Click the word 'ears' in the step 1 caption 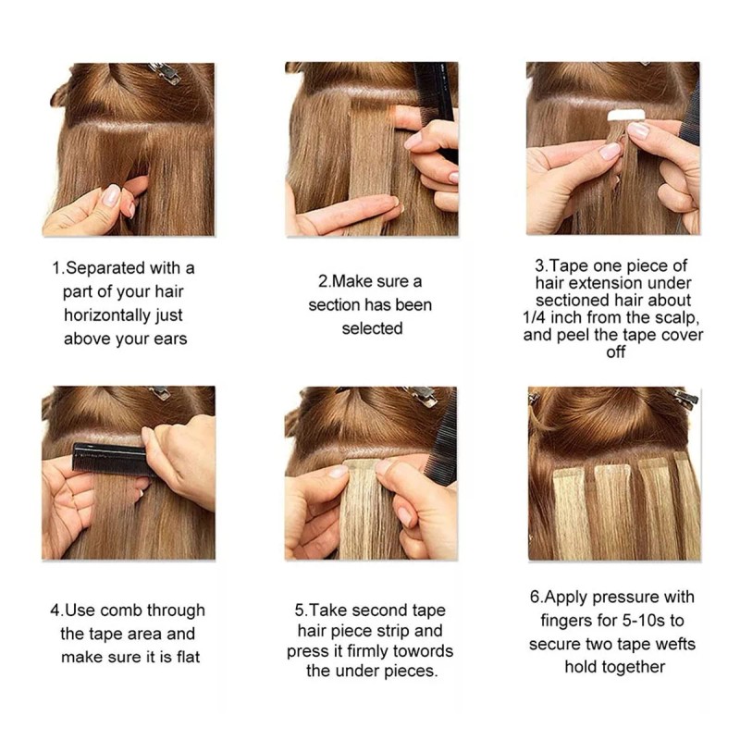[166, 339]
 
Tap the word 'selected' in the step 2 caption [372, 328]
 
